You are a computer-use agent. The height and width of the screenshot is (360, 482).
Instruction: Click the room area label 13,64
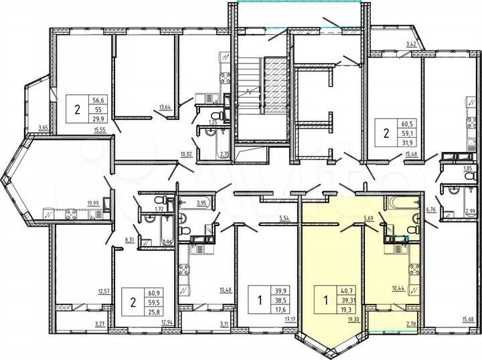[x=164, y=106]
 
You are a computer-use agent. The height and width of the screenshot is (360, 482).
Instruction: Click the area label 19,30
[x=353, y=320]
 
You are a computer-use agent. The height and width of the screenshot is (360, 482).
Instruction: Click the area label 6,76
[x=431, y=209]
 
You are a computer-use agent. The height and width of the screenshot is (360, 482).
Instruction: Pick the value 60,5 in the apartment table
[x=405, y=124]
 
